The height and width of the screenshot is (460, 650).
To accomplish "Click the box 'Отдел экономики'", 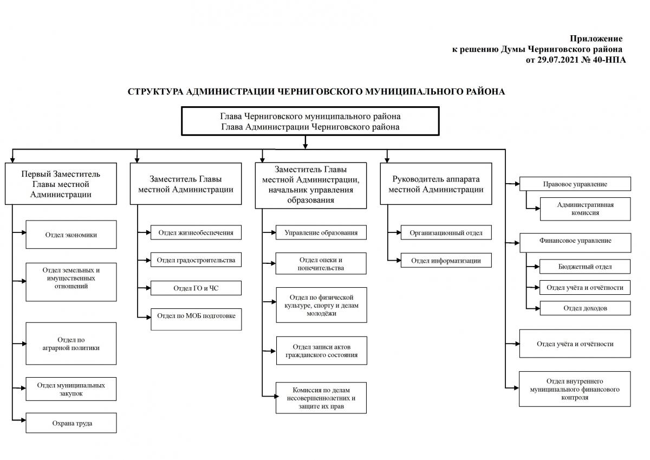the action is tap(71, 235).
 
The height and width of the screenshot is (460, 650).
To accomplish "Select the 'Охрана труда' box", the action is tap(71, 423).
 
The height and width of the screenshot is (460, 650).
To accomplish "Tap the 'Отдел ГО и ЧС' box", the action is tap(196, 288).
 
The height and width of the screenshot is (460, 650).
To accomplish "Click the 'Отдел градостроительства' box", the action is tap(196, 260).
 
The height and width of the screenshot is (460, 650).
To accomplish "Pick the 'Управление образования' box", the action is tap(321, 232).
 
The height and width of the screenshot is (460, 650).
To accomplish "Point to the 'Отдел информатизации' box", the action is tap(446, 260).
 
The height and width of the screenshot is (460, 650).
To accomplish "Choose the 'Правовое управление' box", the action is tap(575, 184).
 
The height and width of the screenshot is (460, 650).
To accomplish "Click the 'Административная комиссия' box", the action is tap(585, 209).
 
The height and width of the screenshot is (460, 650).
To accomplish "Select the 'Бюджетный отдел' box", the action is tap(584, 267).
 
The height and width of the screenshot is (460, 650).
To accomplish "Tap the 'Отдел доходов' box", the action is tap(585, 308).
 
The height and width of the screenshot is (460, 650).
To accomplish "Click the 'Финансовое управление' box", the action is tap(575, 243).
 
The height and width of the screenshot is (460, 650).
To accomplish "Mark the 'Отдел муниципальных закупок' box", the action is tap(71, 389).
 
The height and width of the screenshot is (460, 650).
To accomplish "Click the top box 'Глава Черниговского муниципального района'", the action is tap(310, 121).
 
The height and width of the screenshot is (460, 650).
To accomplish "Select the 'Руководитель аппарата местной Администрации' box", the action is tap(436, 184).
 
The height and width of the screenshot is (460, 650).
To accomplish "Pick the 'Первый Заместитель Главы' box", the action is tap(61, 184).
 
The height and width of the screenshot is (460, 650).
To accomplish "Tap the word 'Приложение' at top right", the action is tap(596, 38).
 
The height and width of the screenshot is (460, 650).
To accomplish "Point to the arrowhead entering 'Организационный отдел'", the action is tap(399, 232).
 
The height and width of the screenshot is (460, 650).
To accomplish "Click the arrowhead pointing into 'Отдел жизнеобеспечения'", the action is tap(148, 232).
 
